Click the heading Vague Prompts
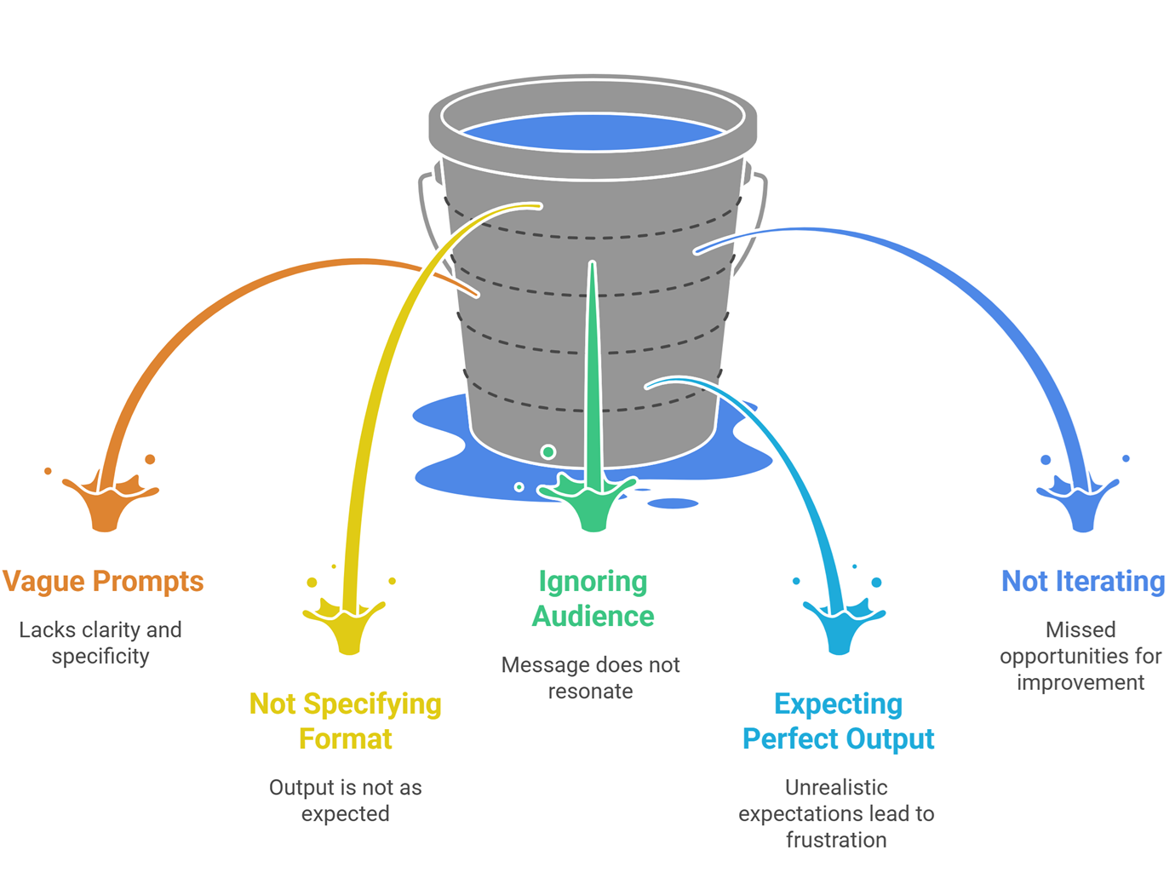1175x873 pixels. coord(103,581)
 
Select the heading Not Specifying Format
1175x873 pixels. coord(345,721)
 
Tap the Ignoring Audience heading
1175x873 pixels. coord(593,598)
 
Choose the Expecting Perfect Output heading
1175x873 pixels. coord(838,721)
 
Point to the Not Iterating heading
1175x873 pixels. coord(1082,581)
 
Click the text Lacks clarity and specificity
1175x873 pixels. coord(100,643)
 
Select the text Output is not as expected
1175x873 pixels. coord(345,800)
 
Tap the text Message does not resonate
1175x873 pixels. coord(590,677)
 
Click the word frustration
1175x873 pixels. coord(835,840)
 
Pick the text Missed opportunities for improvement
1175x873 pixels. coord(1080,656)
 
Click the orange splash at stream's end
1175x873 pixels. coord(107,503)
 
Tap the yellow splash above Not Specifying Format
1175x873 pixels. coord(347,626)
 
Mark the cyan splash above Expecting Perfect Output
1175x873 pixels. coord(841,626)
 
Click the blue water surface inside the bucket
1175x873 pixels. coord(593,133)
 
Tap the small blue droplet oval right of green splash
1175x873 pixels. coord(673,503)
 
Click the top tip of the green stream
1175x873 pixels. coord(592,265)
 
